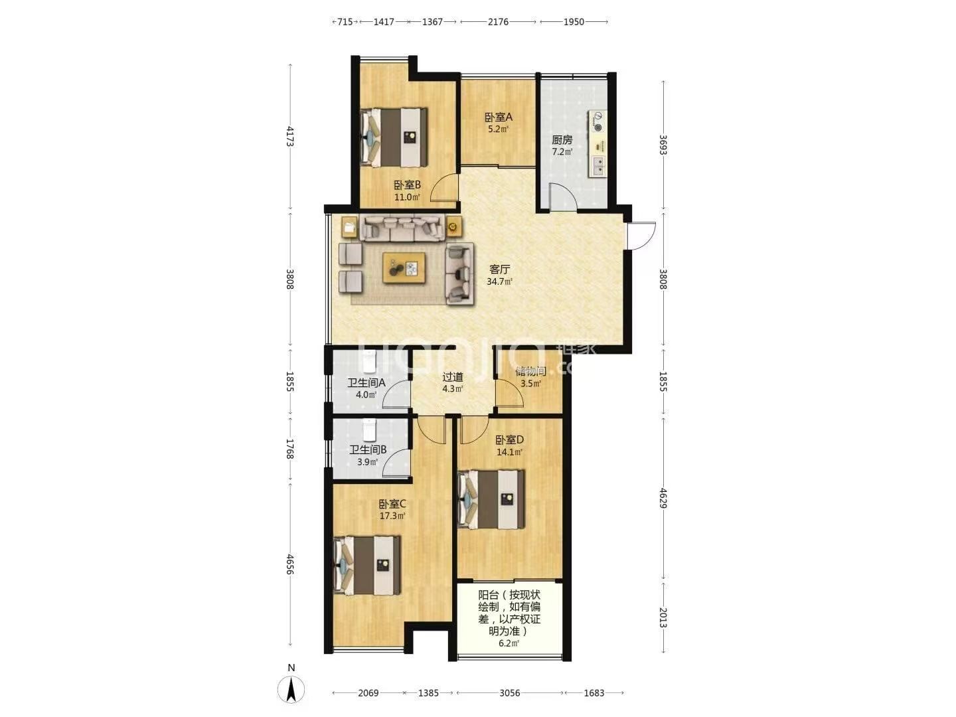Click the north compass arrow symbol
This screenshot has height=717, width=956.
pyautogui.click(x=291, y=689)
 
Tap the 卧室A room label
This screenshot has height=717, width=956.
pyautogui.click(x=499, y=117)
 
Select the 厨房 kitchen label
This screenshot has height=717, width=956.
pyautogui.click(x=562, y=140)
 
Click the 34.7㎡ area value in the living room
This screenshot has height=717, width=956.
pyautogui.click(x=499, y=281)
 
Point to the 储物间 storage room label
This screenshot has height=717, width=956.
pyautogui.click(x=530, y=371)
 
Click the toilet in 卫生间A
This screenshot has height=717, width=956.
pyautogui.click(x=369, y=361)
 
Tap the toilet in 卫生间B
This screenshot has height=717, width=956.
pyautogui.click(x=369, y=430)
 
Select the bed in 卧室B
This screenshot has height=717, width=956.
pyautogui.click(x=394, y=137)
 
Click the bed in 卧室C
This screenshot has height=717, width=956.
pyautogui.click(x=366, y=565)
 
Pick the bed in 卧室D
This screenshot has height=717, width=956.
pyautogui.click(x=491, y=499)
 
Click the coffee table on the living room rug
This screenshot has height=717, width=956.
pyautogui.click(x=404, y=268)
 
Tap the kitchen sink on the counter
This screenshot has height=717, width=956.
pyautogui.click(x=597, y=166)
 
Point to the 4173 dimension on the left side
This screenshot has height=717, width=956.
pyautogui.click(x=290, y=136)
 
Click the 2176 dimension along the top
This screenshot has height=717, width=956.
pyautogui.click(x=498, y=22)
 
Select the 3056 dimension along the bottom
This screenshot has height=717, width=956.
pyautogui.click(x=510, y=692)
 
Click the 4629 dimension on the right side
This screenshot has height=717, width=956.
pyautogui.click(x=663, y=498)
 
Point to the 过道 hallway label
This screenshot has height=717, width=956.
pyautogui.click(x=453, y=377)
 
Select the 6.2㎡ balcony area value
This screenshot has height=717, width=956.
pyautogui.click(x=509, y=643)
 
